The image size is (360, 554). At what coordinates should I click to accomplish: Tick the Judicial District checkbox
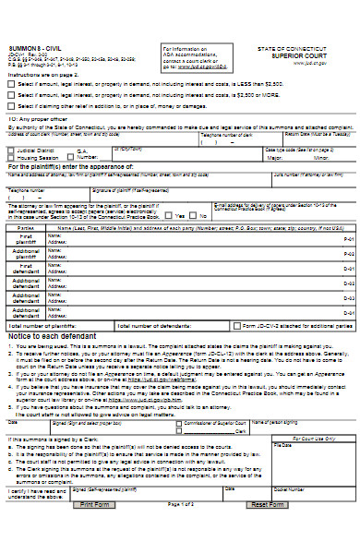point(12,149)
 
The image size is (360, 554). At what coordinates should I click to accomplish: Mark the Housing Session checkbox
point(12,157)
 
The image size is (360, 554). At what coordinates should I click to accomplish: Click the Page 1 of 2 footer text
point(181,531)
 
